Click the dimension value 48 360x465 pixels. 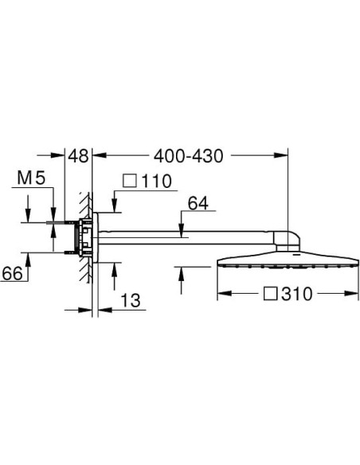coord(78,156)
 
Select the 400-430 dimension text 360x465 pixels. coord(188,156)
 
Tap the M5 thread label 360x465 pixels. coord(31,178)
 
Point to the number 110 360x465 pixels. coord(157,181)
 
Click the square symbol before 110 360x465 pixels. coord(130,181)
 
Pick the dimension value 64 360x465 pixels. coord(198,203)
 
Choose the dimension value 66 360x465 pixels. coord(12,273)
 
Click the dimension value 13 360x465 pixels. coord(131,300)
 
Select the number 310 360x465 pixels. coord(297,294)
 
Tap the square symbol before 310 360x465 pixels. coord(271,294)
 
